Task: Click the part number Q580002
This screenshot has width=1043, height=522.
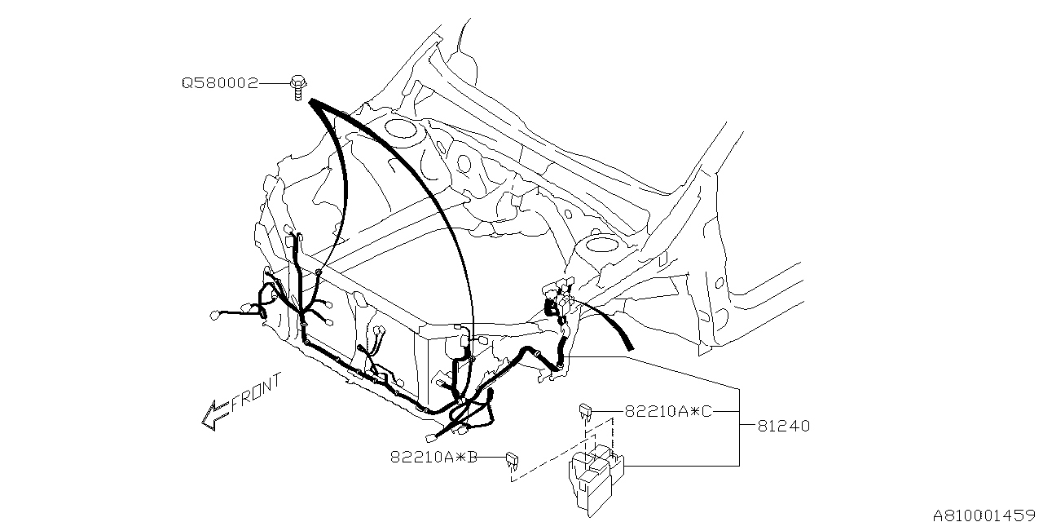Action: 219,83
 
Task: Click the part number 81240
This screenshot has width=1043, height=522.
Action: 783,426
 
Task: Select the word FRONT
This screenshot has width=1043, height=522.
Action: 256,393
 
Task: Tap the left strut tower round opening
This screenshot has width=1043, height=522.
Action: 399,127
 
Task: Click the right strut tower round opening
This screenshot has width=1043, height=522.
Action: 601,244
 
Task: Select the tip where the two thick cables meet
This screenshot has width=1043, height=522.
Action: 311,101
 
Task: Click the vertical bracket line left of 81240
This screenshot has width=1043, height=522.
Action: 739,425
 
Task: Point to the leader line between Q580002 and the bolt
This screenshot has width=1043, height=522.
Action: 275,83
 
